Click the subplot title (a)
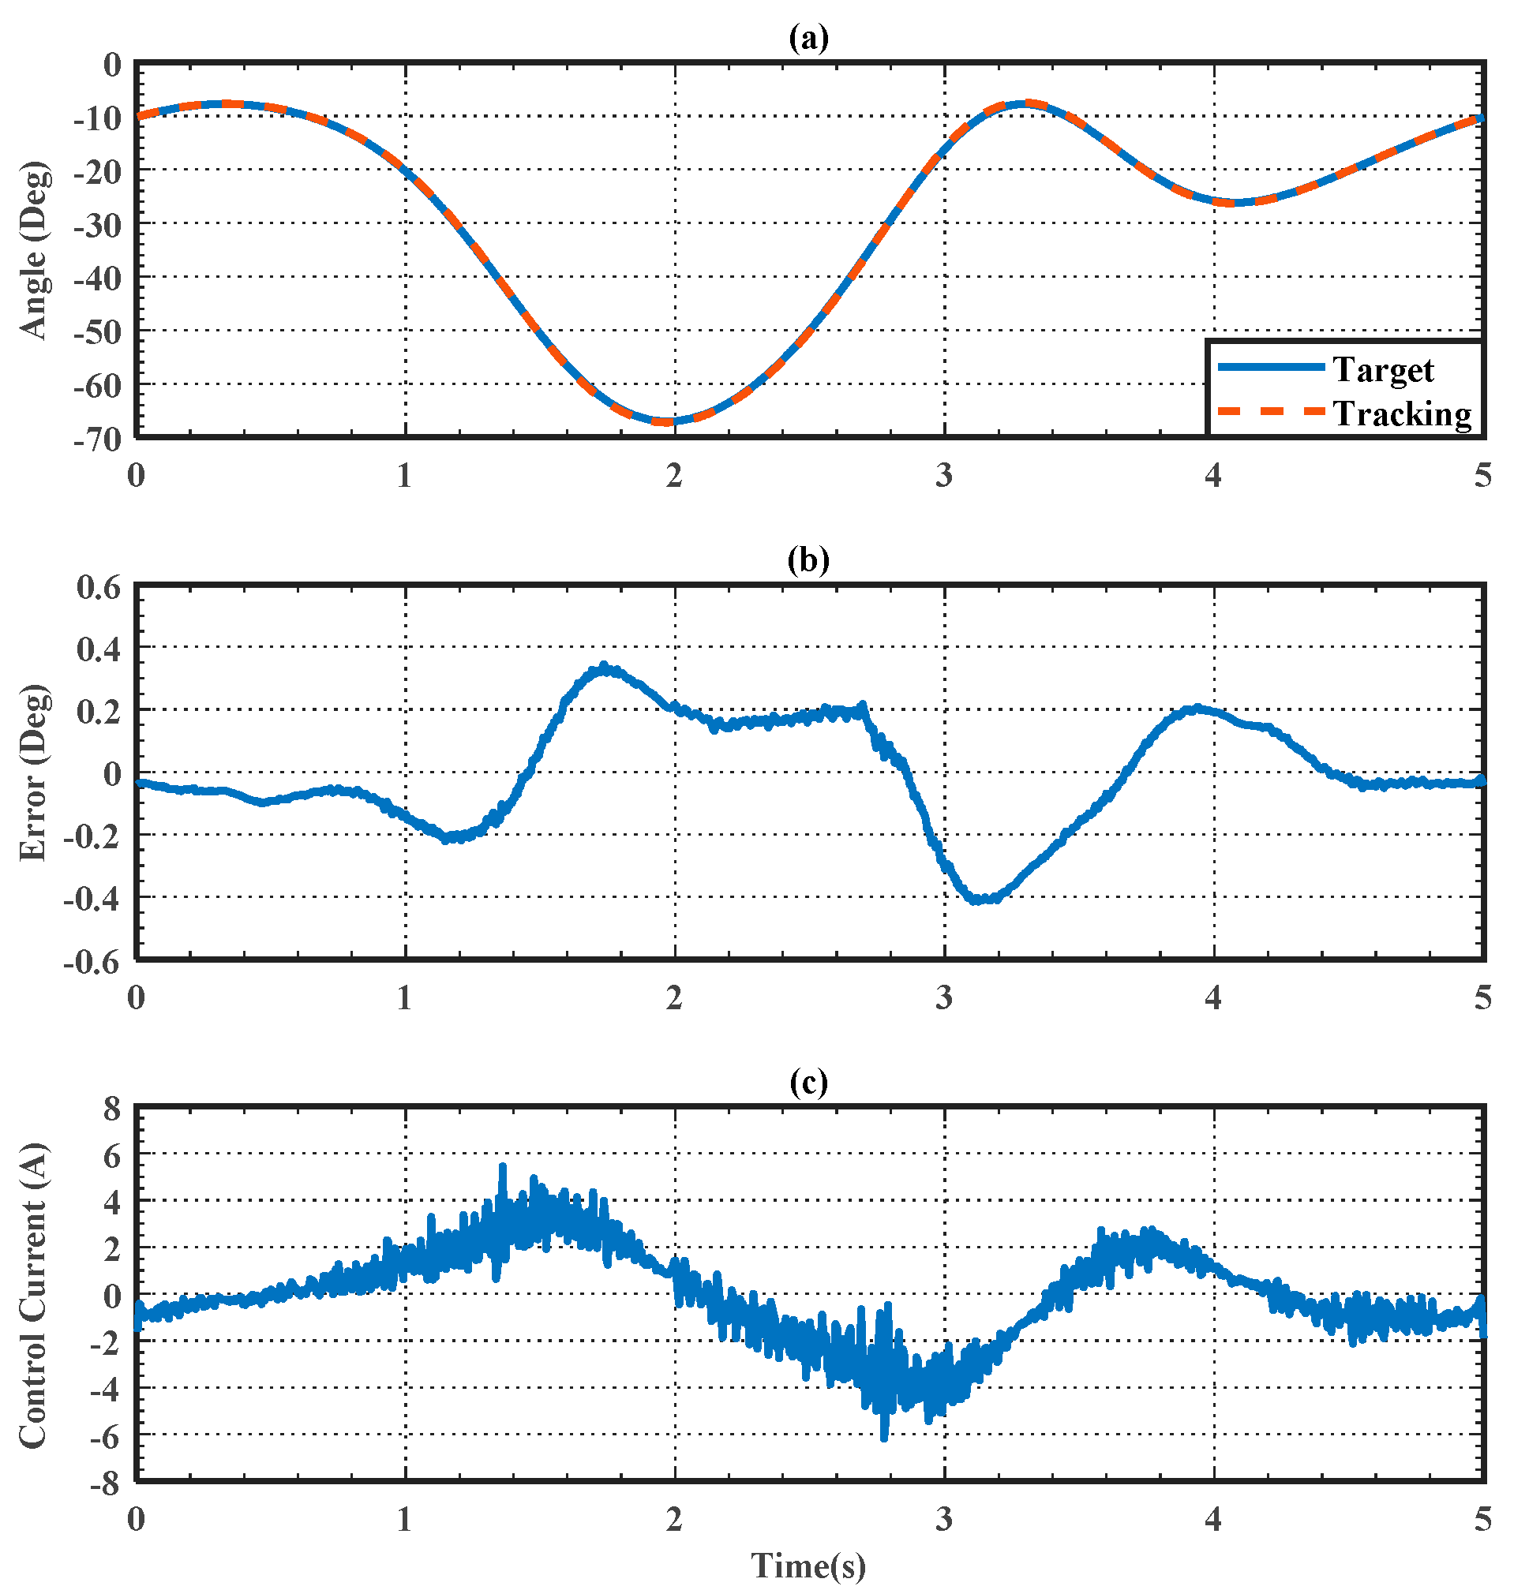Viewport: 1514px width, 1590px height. (x=808, y=38)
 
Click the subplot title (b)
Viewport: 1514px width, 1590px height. (x=808, y=559)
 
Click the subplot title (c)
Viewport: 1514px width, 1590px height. (x=808, y=1082)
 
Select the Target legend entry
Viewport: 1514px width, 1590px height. (x=1382, y=369)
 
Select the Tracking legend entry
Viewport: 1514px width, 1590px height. (x=1402, y=413)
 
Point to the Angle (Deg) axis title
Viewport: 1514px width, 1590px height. (x=34, y=250)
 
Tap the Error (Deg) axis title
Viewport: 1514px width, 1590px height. (x=34, y=773)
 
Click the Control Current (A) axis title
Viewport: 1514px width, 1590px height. (x=34, y=1296)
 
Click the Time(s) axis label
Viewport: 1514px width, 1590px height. (x=808, y=1565)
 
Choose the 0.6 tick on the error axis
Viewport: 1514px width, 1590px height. (x=99, y=586)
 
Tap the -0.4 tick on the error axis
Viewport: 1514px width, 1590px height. (x=92, y=898)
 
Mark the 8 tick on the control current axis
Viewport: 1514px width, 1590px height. (x=111, y=1109)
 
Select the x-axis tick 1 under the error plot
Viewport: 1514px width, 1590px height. (x=404, y=998)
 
